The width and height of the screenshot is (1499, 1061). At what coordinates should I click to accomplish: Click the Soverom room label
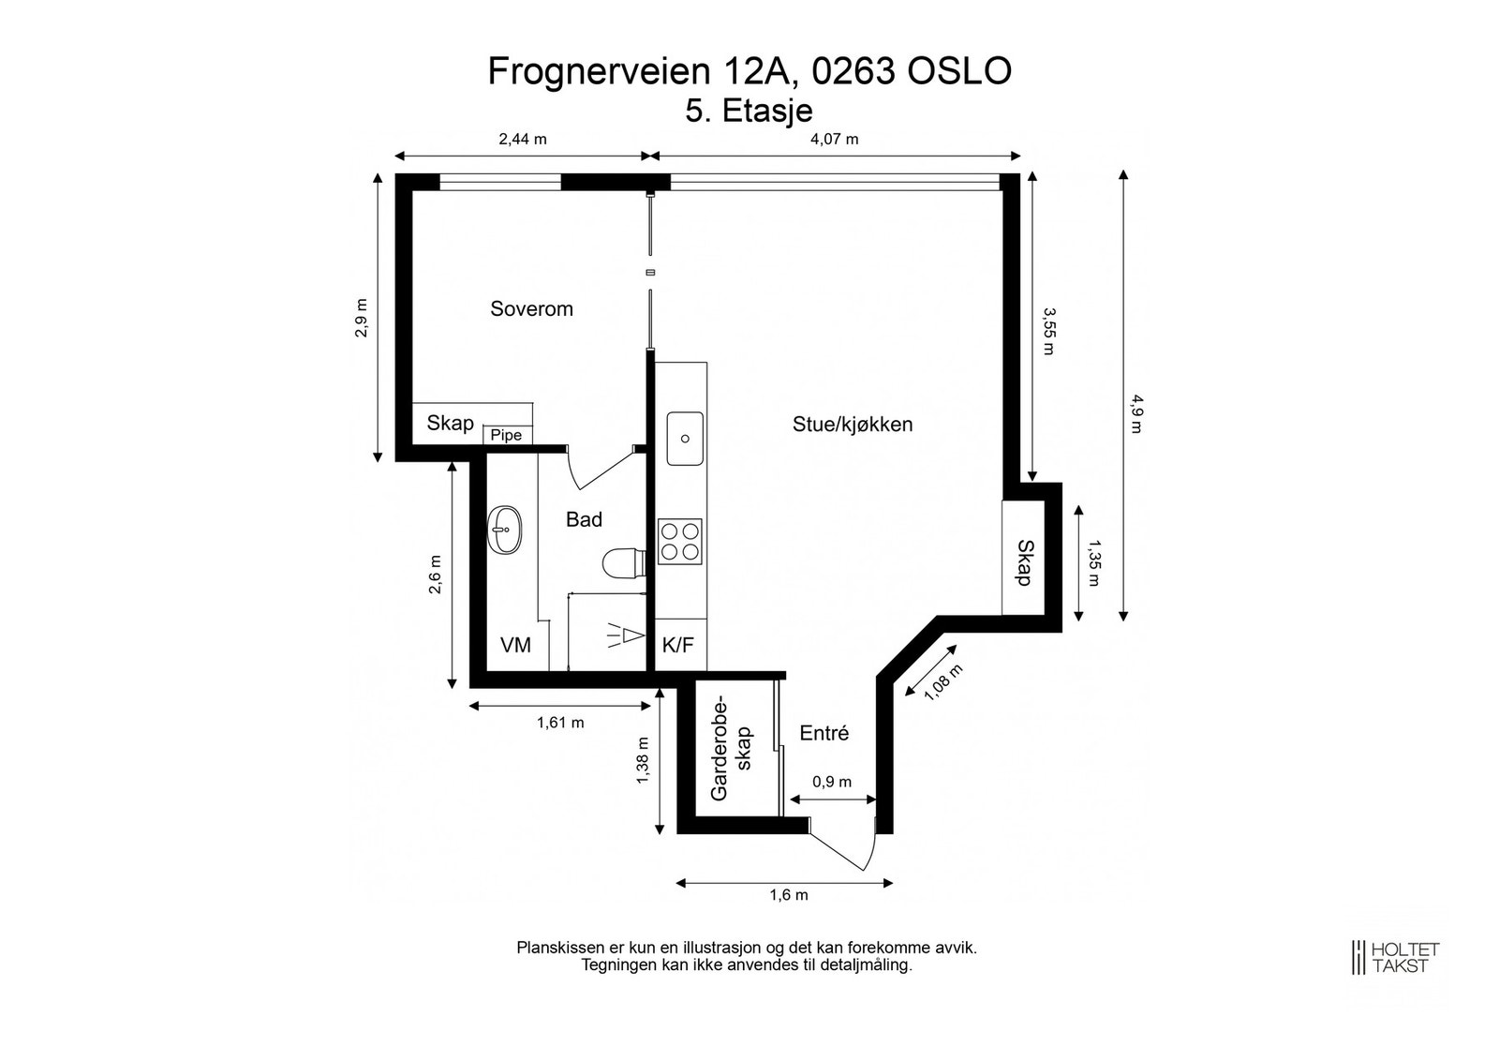click(531, 308)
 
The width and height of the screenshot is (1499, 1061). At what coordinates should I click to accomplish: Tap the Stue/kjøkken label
click(853, 424)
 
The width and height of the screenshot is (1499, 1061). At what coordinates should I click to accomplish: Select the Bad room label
click(584, 519)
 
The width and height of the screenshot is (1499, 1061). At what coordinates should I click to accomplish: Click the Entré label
click(824, 733)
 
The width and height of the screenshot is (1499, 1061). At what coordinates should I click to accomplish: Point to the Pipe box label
click(506, 435)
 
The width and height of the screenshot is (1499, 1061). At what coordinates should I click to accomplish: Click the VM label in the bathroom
click(515, 645)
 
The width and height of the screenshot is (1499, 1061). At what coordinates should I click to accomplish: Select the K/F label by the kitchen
click(678, 645)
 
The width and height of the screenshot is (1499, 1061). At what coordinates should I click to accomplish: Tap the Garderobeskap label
click(732, 747)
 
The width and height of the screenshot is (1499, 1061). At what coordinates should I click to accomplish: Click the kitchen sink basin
click(685, 439)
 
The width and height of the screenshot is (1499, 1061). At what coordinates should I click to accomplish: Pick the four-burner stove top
click(680, 541)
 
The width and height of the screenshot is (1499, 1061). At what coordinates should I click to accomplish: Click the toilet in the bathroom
click(622, 563)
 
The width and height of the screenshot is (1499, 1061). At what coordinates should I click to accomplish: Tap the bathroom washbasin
click(505, 530)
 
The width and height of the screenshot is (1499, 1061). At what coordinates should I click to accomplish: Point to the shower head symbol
click(626, 636)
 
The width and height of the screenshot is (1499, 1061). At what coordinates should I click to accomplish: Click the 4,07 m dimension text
click(834, 140)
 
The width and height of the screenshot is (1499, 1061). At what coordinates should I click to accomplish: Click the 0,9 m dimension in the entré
click(832, 782)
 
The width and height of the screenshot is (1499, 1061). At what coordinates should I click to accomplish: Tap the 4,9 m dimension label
click(1136, 413)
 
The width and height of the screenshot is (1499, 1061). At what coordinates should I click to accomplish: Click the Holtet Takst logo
click(1395, 957)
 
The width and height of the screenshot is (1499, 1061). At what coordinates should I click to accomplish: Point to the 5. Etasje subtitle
click(749, 110)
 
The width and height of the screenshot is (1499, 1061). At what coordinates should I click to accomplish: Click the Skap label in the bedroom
click(451, 423)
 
